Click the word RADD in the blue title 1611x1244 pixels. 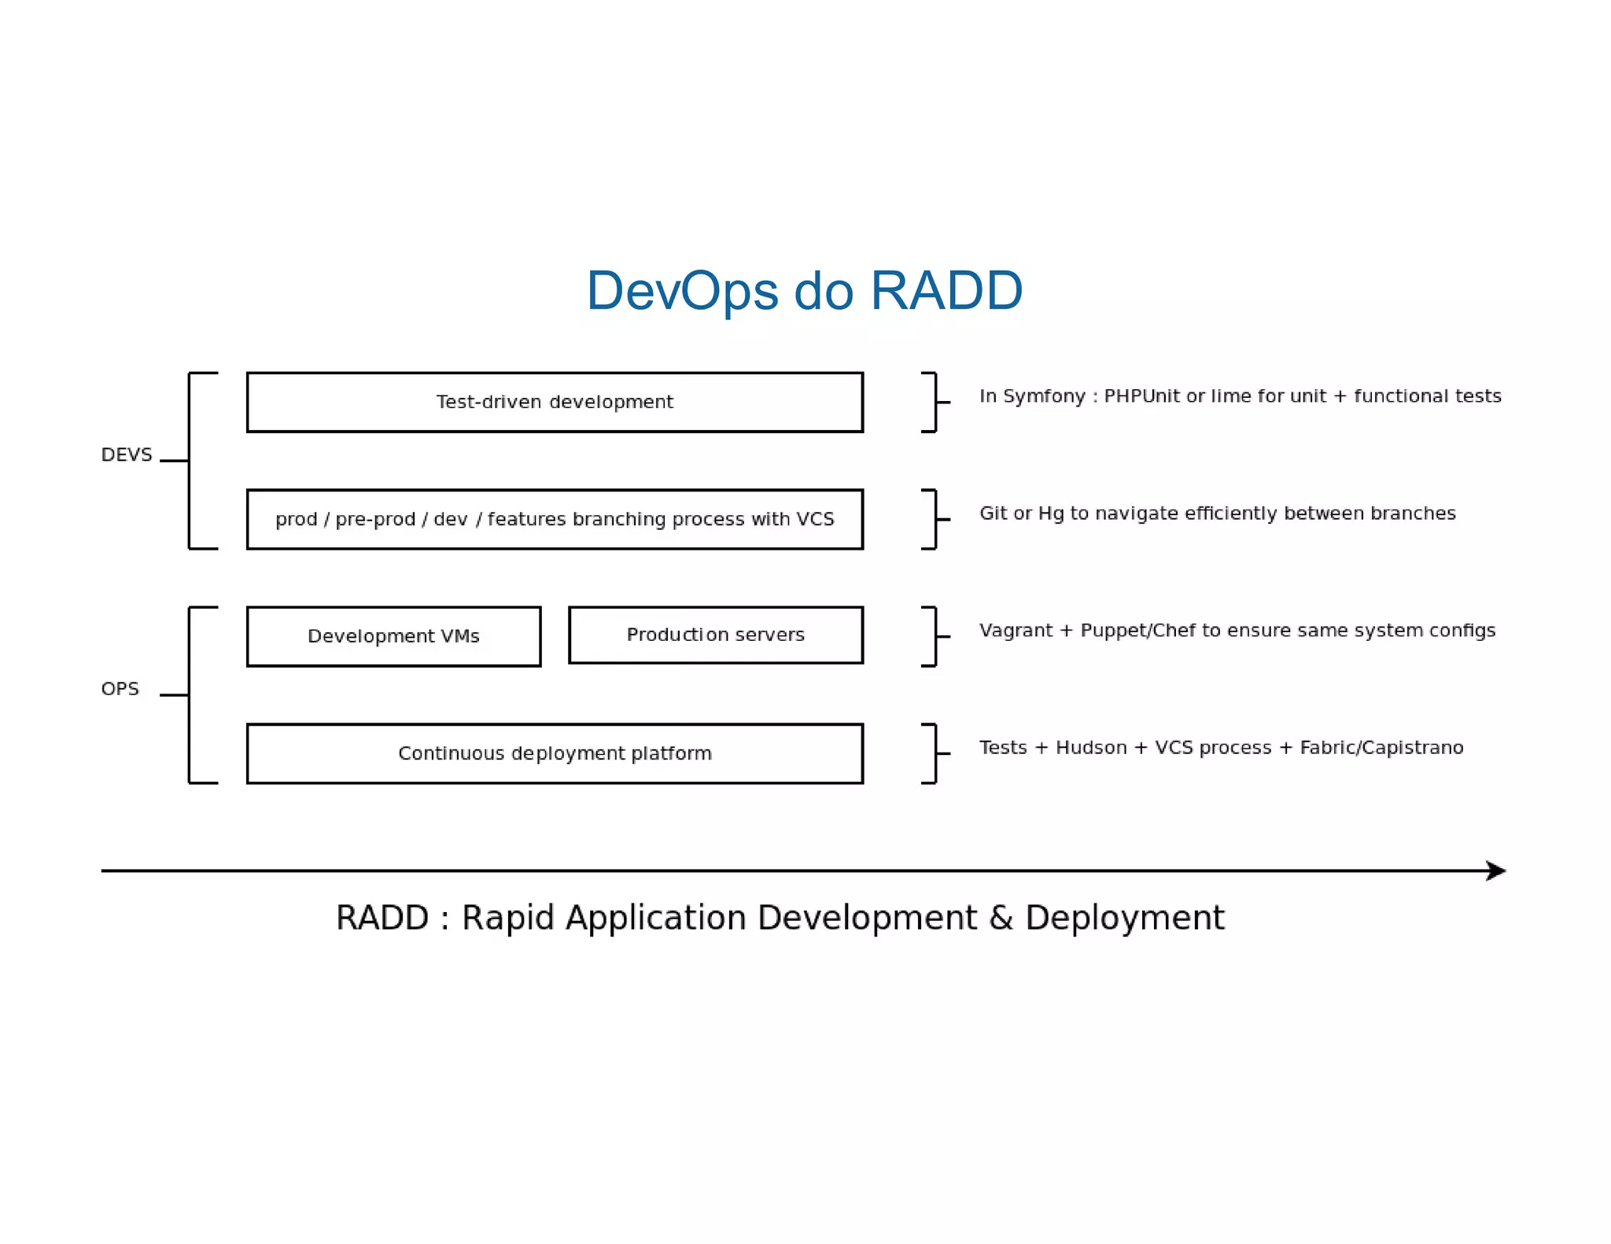(946, 292)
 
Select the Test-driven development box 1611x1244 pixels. (555, 402)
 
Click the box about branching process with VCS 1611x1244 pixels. (555, 519)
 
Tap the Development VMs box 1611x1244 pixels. (393, 636)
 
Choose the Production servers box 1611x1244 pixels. (715, 635)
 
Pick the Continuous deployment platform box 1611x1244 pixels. (555, 753)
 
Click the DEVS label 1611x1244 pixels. (126, 455)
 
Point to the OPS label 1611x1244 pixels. (120, 689)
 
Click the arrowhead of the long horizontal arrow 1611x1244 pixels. (1496, 870)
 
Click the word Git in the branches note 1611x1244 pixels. (994, 513)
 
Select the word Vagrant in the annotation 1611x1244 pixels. (1016, 631)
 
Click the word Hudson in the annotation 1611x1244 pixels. (1091, 748)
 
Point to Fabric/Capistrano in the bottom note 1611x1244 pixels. (1381, 748)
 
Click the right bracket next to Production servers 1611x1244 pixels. (931, 636)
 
